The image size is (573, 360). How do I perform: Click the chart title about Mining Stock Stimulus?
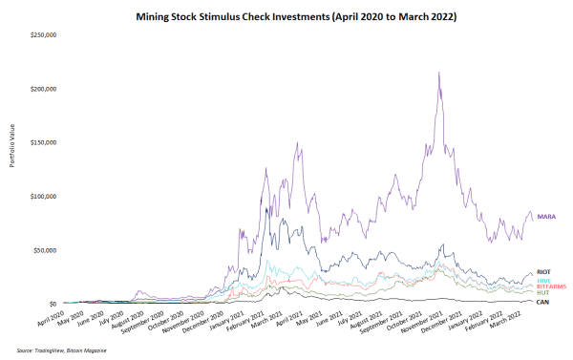pos(286,17)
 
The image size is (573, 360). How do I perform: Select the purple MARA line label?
pos(547,217)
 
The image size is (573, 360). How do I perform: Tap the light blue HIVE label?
pos(544,280)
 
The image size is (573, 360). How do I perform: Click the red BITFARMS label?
pos(551,286)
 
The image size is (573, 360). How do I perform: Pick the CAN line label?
pos(542,302)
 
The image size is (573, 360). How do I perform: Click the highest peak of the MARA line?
pos(438,73)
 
